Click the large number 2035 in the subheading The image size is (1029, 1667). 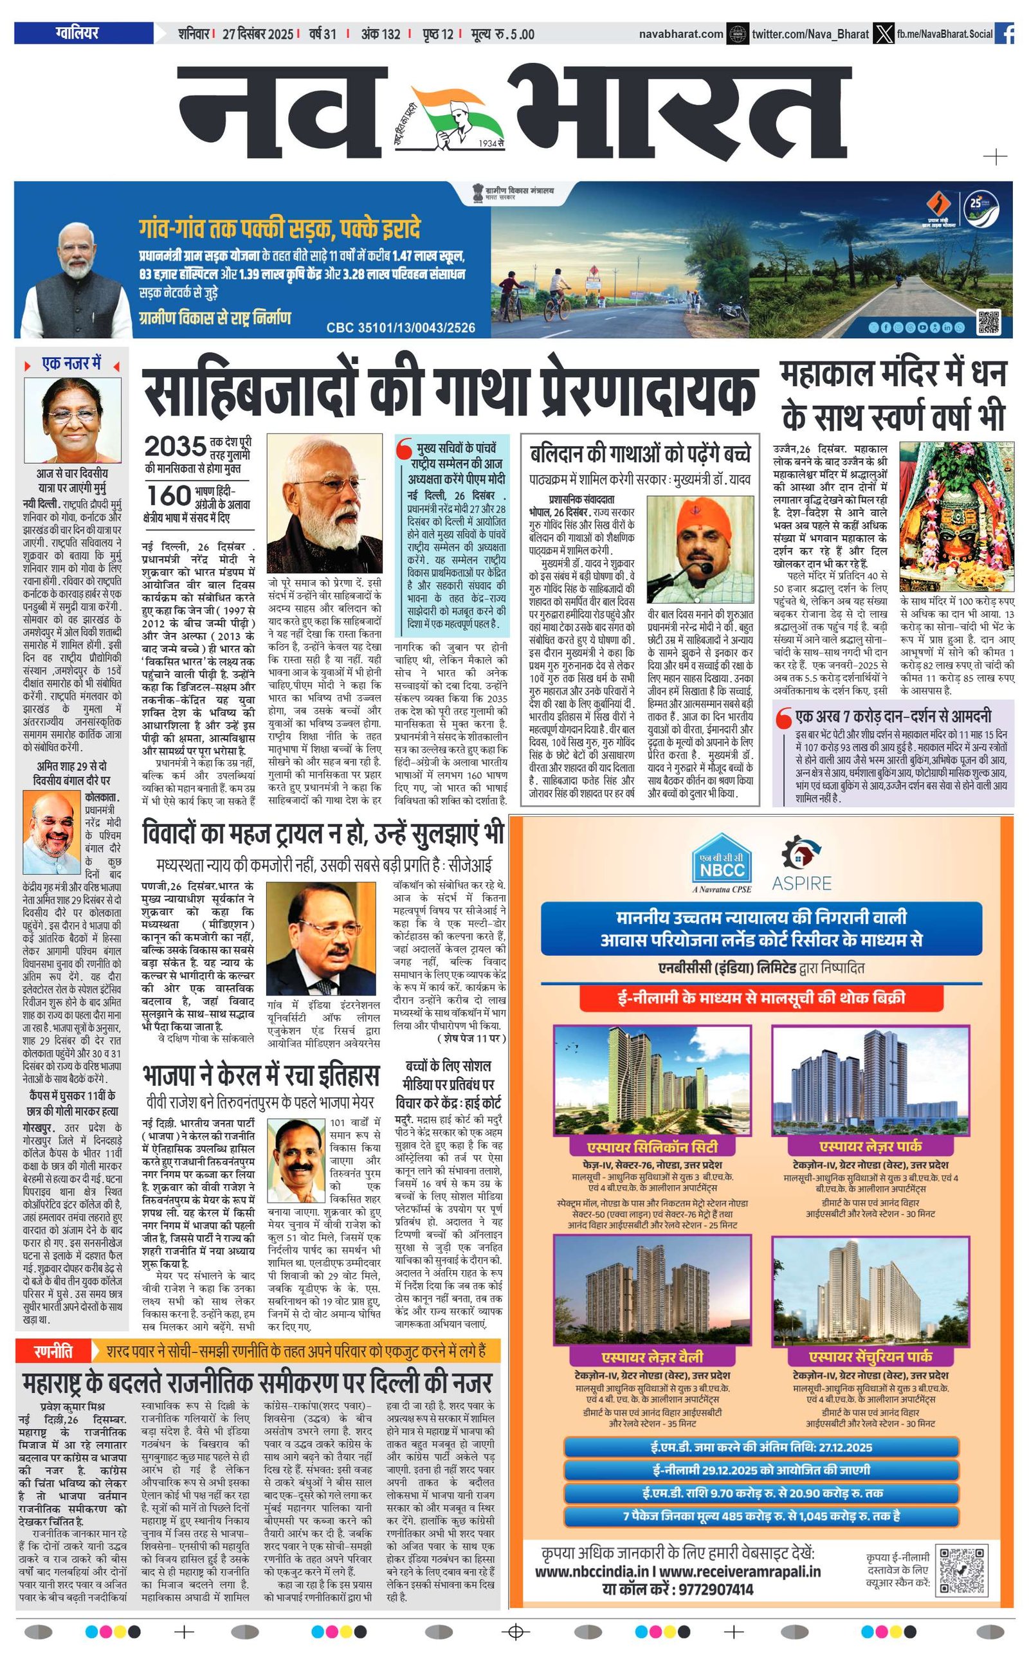tap(175, 447)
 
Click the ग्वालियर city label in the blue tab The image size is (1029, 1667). tap(77, 33)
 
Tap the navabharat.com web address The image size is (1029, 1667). tap(680, 33)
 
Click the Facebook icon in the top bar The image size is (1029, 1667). tap(1004, 33)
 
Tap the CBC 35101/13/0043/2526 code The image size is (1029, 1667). tap(400, 328)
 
